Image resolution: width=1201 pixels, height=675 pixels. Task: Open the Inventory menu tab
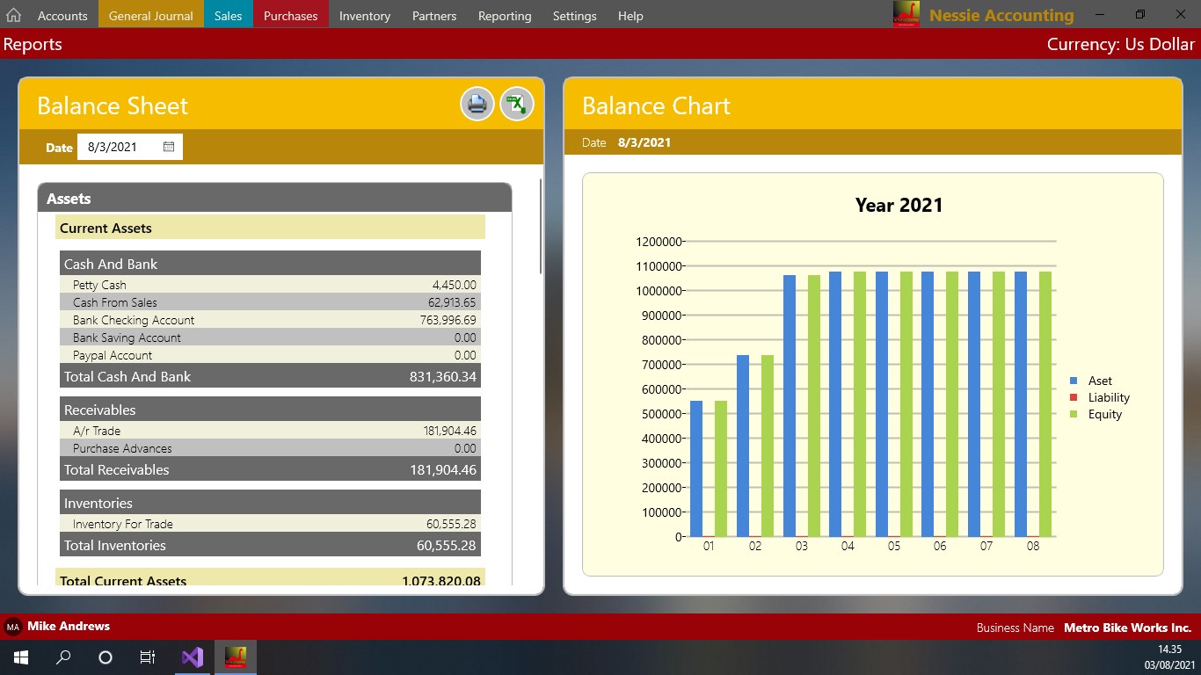tap(364, 16)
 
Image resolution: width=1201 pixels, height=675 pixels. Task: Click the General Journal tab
tap(150, 16)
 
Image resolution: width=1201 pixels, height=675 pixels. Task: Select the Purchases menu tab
tap(290, 16)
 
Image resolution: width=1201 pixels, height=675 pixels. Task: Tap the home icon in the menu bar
tap(13, 16)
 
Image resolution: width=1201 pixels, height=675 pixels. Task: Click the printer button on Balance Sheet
tap(477, 105)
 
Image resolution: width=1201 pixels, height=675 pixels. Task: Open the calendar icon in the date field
tap(169, 147)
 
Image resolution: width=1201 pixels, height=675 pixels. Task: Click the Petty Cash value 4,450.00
tap(454, 285)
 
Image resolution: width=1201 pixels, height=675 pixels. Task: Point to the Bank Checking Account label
tap(134, 320)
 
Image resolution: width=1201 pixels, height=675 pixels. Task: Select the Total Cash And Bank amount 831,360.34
tap(442, 376)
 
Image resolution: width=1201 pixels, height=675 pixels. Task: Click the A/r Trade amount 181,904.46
tap(449, 431)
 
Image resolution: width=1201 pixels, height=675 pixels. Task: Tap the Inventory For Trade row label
tap(123, 524)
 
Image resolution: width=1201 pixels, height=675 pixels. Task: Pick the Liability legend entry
tap(1108, 397)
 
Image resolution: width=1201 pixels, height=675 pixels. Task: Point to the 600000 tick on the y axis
tap(657, 389)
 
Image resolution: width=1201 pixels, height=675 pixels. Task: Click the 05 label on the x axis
tap(893, 546)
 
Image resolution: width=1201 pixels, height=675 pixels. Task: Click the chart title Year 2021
tap(899, 205)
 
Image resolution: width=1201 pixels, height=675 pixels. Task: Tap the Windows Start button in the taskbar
tap(20, 657)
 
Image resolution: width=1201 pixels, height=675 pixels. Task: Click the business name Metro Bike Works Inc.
tap(1127, 628)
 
